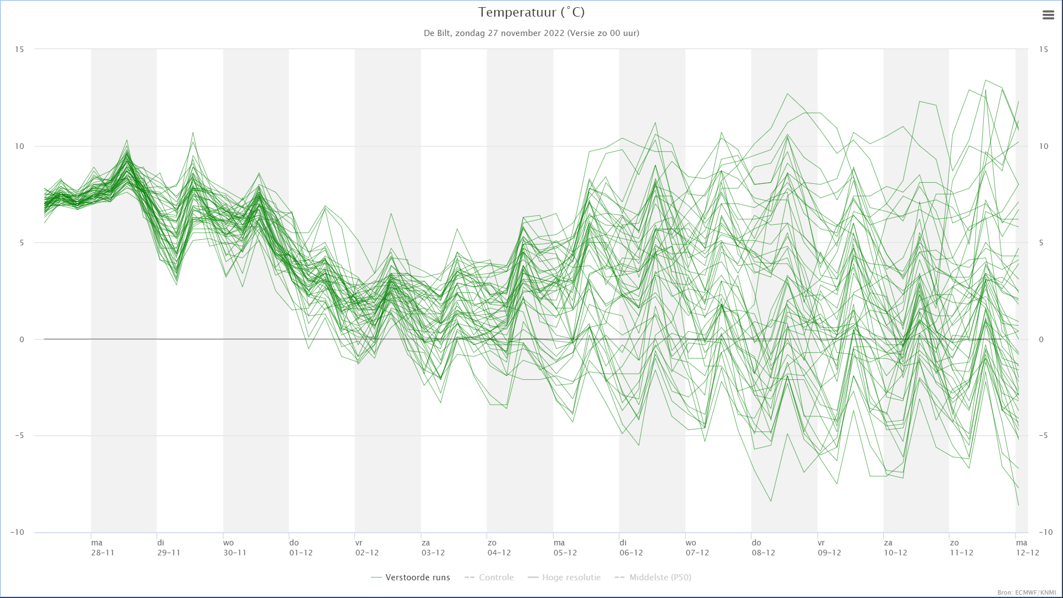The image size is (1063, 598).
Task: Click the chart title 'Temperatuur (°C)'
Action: pyautogui.click(x=531, y=12)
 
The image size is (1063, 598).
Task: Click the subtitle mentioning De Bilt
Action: pyautogui.click(x=531, y=33)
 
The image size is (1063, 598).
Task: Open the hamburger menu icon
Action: pyautogui.click(x=1048, y=15)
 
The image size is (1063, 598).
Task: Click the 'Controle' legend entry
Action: pyautogui.click(x=489, y=578)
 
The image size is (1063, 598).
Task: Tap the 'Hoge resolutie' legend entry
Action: pyautogui.click(x=564, y=578)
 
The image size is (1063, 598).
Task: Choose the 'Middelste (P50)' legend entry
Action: pyautogui.click(x=653, y=578)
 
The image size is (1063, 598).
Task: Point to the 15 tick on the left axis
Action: pyautogui.click(x=20, y=49)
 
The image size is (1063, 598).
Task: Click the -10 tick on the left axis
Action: pyautogui.click(x=17, y=532)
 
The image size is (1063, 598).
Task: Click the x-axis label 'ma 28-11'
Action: pyautogui.click(x=103, y=548)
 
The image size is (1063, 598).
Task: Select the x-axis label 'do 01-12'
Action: pyautogui.click(x=301, y=548)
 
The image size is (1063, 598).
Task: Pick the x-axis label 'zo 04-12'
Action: pyautogui.click(x=499, y=548)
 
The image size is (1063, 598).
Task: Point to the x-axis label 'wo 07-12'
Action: pyautogui.click(x=697, y=548)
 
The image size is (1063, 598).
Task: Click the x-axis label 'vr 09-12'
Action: pyautogui.click(x=829, y=548)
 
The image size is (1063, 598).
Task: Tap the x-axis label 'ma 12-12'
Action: pyautogui.click(x=1027, y=548)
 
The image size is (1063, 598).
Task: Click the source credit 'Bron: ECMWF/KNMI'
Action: pyautogui.click(x=1026, y=592)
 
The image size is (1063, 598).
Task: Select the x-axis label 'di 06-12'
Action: pyautogui.click(x=631, y=548)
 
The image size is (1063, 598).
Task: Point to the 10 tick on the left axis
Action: pyautogui.click(x=20, y=146)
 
